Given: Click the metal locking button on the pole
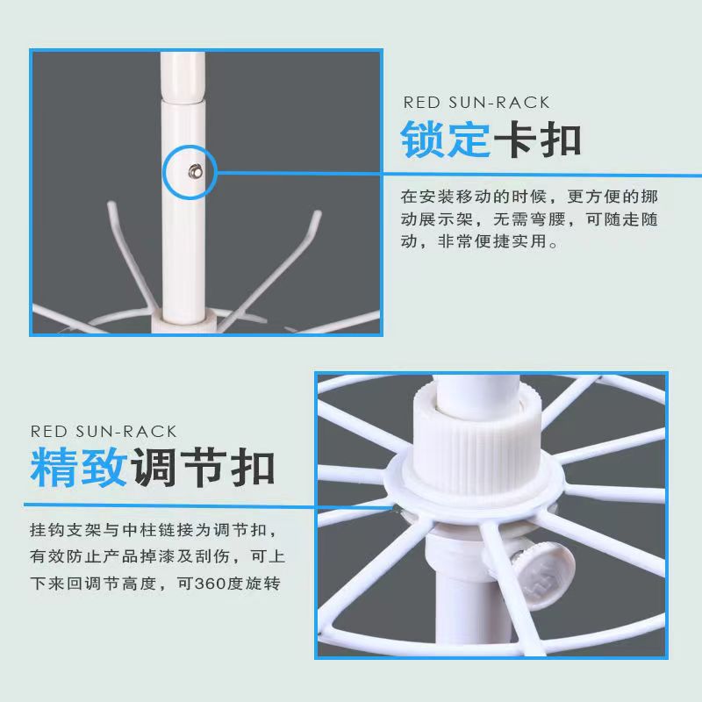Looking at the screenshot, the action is tap(195, 171).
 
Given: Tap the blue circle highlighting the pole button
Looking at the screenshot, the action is tap(190, 146).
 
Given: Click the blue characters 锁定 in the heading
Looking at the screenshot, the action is tap(445, 140).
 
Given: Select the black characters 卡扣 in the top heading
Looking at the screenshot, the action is tap(537, 140).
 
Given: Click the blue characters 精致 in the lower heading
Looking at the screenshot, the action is tap(78, 467).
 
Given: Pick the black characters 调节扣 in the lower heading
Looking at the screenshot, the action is tap(203, 467).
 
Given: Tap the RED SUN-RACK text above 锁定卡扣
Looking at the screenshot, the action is tap(476, 103).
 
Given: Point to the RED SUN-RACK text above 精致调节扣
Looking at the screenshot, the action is tap(104, 432).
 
